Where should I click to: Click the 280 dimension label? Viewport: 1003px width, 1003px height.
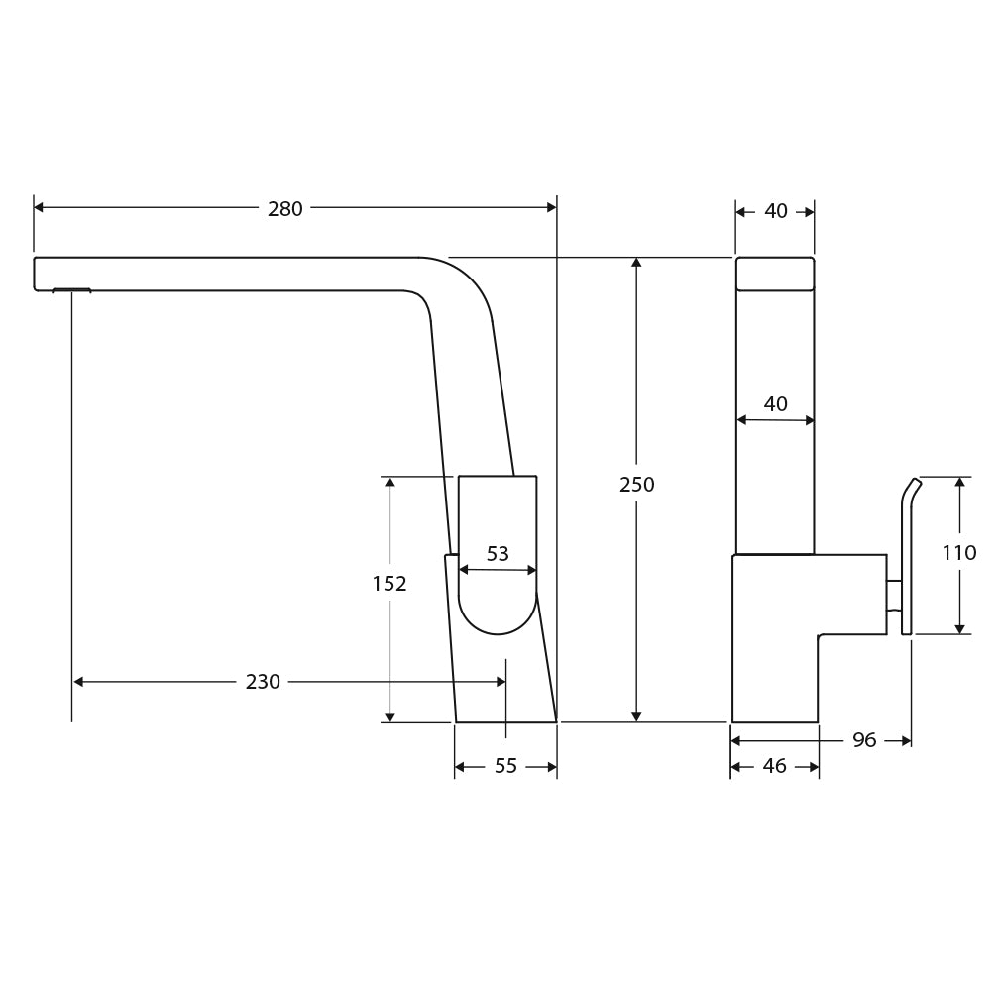point(284,209)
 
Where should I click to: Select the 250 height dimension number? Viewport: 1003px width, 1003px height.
point(636,485)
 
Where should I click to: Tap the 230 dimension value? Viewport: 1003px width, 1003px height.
point(263,682)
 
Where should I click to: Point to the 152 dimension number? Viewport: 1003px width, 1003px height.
point(390,584)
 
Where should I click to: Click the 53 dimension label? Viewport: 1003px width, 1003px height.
point(498,554)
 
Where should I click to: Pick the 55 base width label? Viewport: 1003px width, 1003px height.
point(506,766)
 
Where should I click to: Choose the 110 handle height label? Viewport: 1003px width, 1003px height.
point(958,553)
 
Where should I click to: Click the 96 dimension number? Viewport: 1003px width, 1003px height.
point(864,740)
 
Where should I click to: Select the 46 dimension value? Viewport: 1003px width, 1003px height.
point(775,766)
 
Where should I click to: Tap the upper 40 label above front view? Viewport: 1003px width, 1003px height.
point(776,211)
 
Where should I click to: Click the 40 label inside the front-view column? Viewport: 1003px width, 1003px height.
point(775,404)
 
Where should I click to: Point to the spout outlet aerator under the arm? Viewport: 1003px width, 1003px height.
point(71,290)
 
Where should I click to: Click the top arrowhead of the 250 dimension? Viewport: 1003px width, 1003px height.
point(636,263)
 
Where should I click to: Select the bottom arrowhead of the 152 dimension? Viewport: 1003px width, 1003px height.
point(390,717)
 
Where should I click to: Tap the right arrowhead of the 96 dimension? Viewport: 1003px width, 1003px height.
point(907,741)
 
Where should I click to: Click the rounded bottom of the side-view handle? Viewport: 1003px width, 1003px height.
point(498,615)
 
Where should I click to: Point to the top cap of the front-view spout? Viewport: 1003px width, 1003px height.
point(775,274)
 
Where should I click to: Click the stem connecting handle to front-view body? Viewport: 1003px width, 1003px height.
point(894,596)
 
